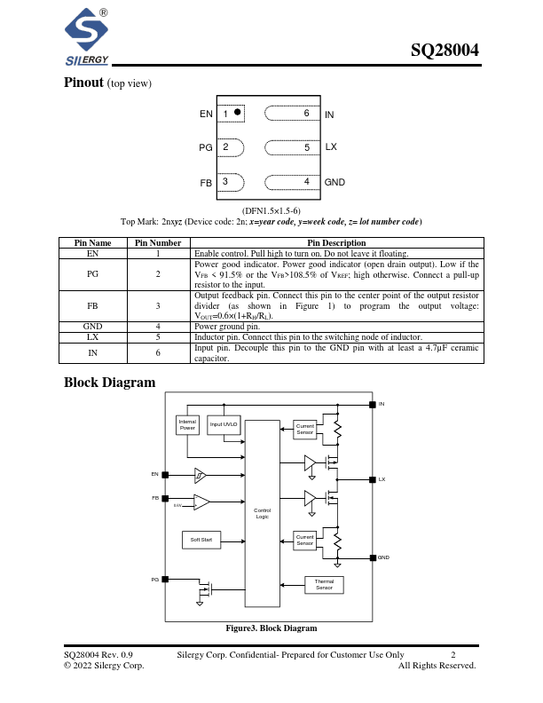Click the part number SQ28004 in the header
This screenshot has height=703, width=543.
[x=445, y=51]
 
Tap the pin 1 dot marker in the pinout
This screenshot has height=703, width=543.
[x=238, y=113]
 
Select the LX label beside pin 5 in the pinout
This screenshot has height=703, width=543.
[x=331, y=146]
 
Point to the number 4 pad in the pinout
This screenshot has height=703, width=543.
[x=306, y=182]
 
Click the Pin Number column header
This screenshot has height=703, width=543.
[x=159, y=242]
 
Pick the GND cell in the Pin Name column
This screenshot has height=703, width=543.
[x=92, y=326]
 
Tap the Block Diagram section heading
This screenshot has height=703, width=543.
[x=109, y=383]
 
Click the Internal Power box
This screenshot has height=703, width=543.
[x=187, y=425]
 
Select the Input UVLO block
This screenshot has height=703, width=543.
[x=224, y=425]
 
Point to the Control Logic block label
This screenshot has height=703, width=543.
[x=262, y=513]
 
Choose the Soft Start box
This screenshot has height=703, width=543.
[x=201, y=539]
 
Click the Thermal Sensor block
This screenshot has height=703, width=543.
[x=324, y=584]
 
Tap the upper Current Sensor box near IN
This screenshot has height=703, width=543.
[x=305, y=430]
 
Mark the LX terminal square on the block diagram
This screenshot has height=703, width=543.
[x=372, y=479]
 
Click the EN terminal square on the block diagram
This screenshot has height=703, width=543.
[x=165, y=474]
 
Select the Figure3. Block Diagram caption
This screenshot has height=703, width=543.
[x=271, y=628]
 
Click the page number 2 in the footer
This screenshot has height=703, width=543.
[x=452, y=655]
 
